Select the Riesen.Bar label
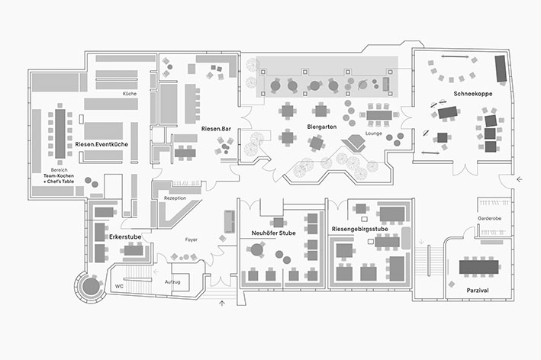pos(216,129)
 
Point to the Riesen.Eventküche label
pos(101,143)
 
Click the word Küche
pos(130,94)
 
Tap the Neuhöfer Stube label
pos(272,233)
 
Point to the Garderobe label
pos(489,218)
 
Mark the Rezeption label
pos(175,198)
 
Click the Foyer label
pos(192,239)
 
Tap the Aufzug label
pos(172,281)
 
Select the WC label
pos(118,287)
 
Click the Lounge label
pos(374,133)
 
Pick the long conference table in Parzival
pos(479,266)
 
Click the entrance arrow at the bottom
pos(222,303)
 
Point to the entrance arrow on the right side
pos(519,179)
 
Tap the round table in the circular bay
pos(90,286)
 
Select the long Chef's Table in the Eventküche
pos(60,133)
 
